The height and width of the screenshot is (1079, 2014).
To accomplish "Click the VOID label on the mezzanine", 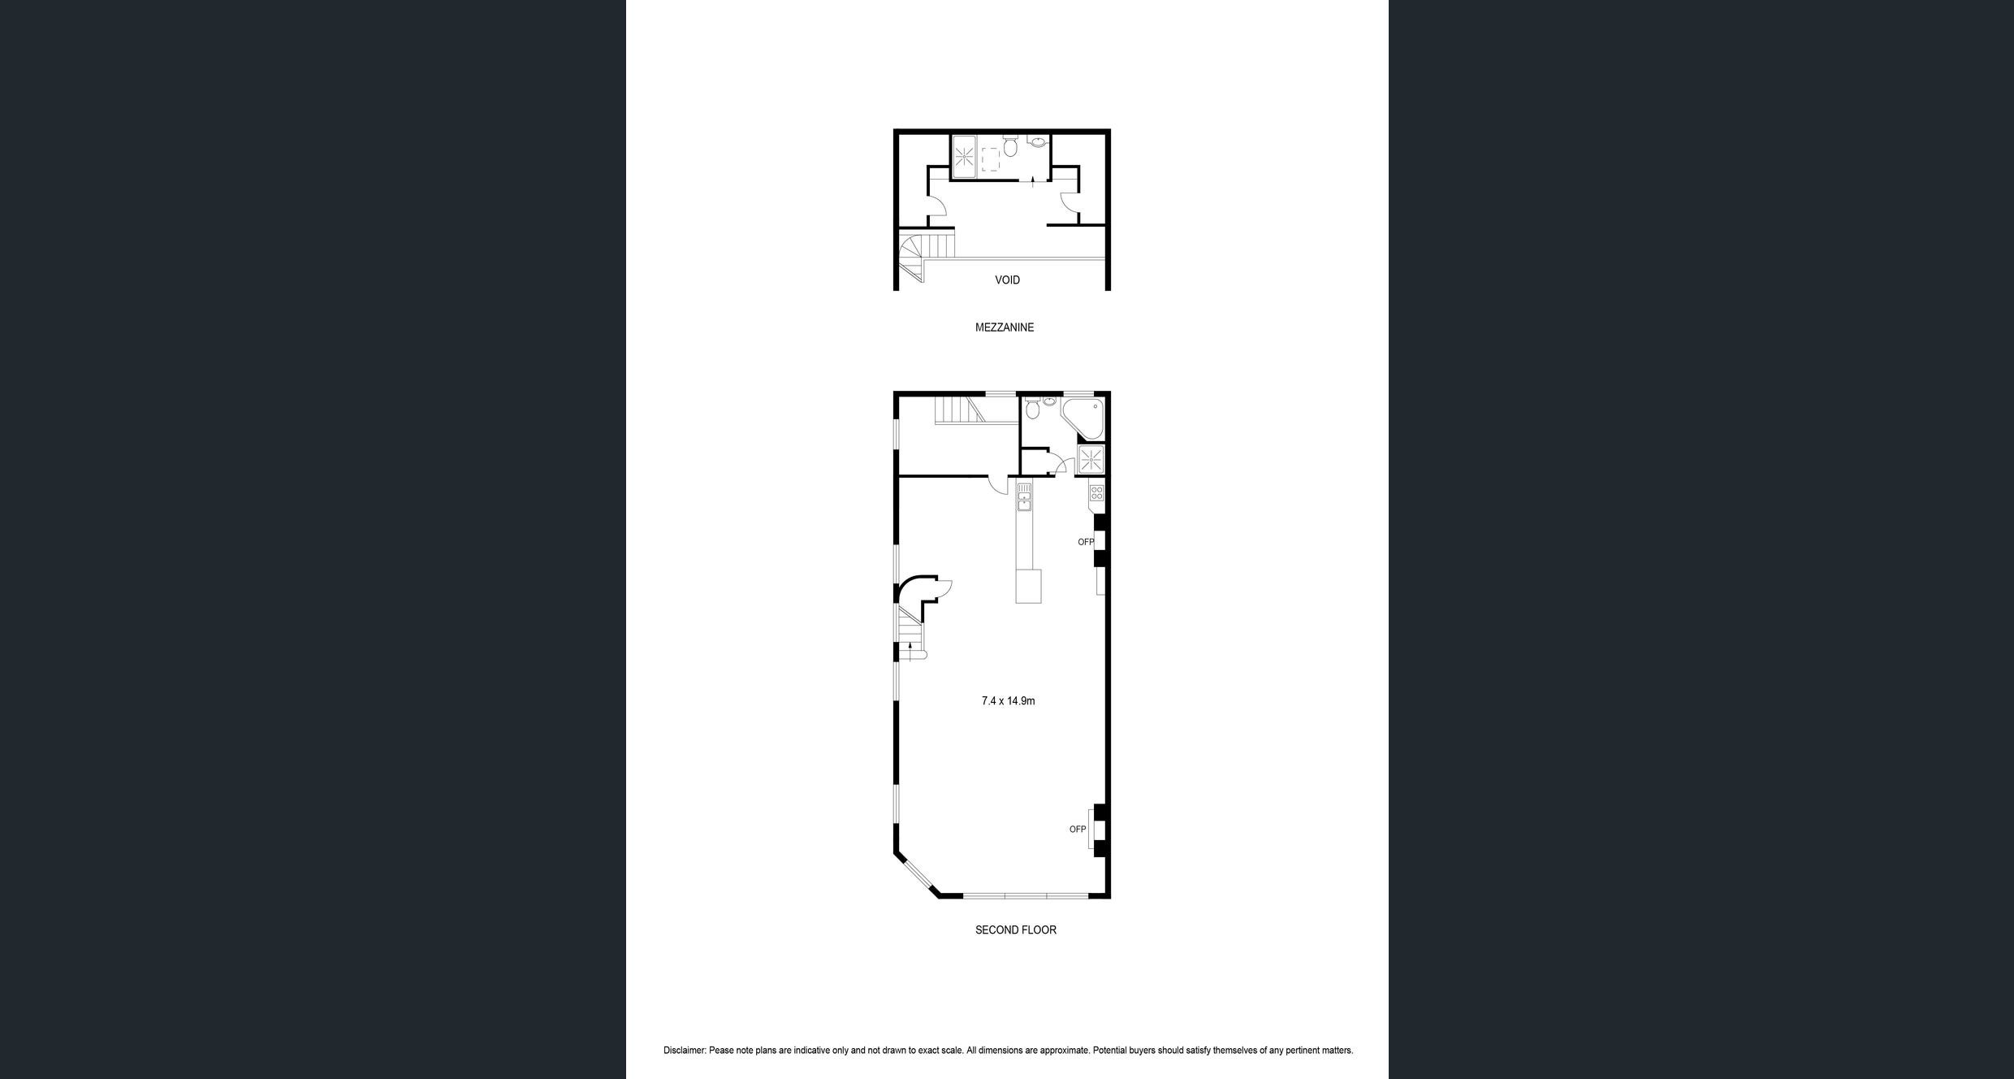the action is click(1007, 279).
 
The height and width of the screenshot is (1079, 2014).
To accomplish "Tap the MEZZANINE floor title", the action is click(1005, 327).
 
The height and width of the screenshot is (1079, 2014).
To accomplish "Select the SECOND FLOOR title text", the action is click(1016, 929).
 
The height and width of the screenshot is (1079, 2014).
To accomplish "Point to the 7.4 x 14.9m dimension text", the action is click(1008, 700).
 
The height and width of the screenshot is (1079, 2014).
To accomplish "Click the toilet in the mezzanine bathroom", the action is click(1010, 147).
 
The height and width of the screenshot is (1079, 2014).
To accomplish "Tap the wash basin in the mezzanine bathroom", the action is click(1037, 142).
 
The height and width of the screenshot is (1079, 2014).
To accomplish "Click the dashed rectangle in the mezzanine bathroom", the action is click(991, 160).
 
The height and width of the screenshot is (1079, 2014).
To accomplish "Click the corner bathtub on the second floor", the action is click(1084, 418).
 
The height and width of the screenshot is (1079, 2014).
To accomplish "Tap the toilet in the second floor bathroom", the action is click(1032, 408).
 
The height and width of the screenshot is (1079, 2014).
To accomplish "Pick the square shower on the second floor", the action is click(1091, 460).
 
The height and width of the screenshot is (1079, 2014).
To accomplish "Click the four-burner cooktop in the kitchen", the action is click(1096, 492).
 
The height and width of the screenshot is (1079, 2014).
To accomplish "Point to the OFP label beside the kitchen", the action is click(1086, 542).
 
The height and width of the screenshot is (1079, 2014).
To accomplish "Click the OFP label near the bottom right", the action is click(1078, 830).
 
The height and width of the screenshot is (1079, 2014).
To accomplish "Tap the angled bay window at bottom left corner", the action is click(918, 875).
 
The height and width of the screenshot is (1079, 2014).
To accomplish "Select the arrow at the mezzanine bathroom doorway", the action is click(1032, 181).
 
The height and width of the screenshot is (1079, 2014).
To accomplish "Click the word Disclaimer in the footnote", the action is click(685, 1051).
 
